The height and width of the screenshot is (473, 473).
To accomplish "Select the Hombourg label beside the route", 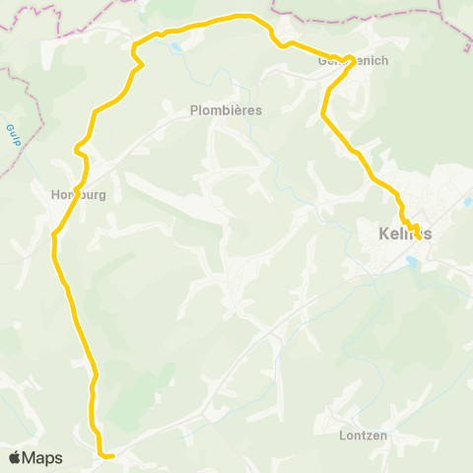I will point(78,194).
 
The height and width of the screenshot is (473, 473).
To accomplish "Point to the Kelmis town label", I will point(405,234).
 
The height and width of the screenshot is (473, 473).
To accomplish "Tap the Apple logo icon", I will point(15,457).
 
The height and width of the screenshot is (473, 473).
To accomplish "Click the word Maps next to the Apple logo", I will point(42,457).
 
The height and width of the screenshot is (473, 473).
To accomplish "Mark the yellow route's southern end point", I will point(112,455).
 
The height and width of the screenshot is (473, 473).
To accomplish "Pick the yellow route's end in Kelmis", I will point(418,236).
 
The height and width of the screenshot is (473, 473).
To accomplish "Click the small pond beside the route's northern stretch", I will point(175,46).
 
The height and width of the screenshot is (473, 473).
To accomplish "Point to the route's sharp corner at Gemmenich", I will point(351,58).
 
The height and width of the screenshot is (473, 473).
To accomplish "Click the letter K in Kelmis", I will point(383,234).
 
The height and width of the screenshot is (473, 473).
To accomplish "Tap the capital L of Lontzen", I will point(341,435).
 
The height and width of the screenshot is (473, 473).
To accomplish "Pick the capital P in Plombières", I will point(193,110).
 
